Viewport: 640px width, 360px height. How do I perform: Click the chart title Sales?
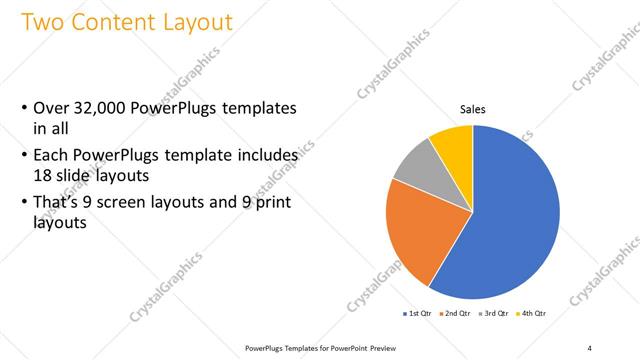[x=473, y=109]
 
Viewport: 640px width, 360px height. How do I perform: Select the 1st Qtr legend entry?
[x=418, y=314]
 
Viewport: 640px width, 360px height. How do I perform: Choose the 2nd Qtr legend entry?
[x=457, y=314]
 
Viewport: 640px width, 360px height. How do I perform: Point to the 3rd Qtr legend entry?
[x=496, y=314]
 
